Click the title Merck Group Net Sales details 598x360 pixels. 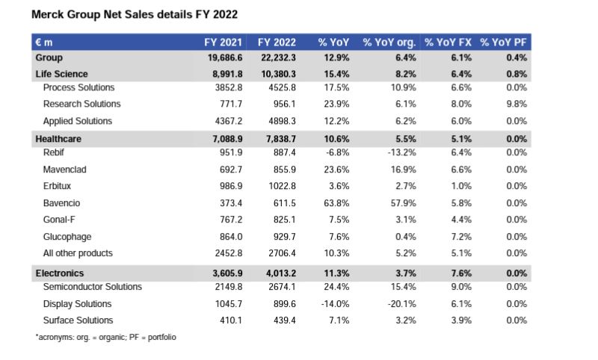135,15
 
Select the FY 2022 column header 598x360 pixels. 276,43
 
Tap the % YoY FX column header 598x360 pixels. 448,43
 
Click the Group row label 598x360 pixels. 49,58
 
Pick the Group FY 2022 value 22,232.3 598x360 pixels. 276,58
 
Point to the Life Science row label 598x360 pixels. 61,74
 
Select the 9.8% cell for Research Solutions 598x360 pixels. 517,104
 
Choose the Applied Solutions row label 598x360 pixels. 77,121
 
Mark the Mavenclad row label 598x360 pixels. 64,170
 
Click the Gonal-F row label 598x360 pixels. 60,220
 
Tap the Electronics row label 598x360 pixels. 60,273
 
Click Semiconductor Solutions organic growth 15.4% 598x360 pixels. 401,287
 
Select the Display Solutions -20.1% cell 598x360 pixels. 399,304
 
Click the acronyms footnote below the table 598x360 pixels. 105,338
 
